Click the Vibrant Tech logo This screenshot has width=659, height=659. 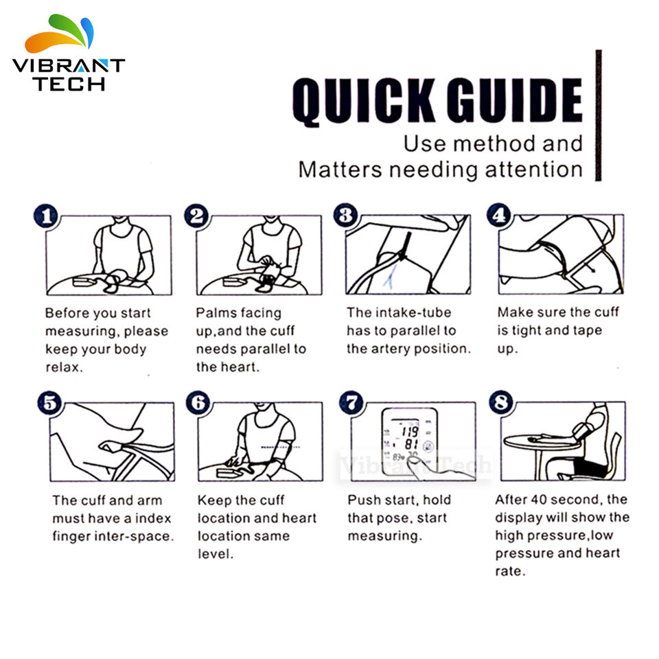pyautogui.click(x=69, y=53)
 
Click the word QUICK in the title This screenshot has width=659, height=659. pyautogui.click(x=363, y=102)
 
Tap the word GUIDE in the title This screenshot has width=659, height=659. pyautogui.click(x=514, y=100)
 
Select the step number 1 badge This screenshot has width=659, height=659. pyautogui.click(x=46, y=216)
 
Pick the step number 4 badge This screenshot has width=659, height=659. pyautogui.click(x=499, y=215)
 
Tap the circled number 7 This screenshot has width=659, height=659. pyautogui.click(x=351, y=402)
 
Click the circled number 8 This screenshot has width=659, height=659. pyautogui.click(x=501, y=402)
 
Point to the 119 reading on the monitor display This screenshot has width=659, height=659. pyautogui.click(x=410, y=431)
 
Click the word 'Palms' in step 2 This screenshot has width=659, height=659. pyautogui.click(x=211, y=313)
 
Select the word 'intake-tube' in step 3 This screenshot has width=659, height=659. pyautogui.click(x=413, y=312)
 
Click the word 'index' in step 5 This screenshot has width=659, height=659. pyautogui.click(x=152, y=518)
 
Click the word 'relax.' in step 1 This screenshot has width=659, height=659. pyautogui.click(x=65, y=367)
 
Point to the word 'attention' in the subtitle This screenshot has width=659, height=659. pyautogui.click(x=534, y=170)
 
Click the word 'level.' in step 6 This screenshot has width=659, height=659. pyautogui.click(x=216, y=554)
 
